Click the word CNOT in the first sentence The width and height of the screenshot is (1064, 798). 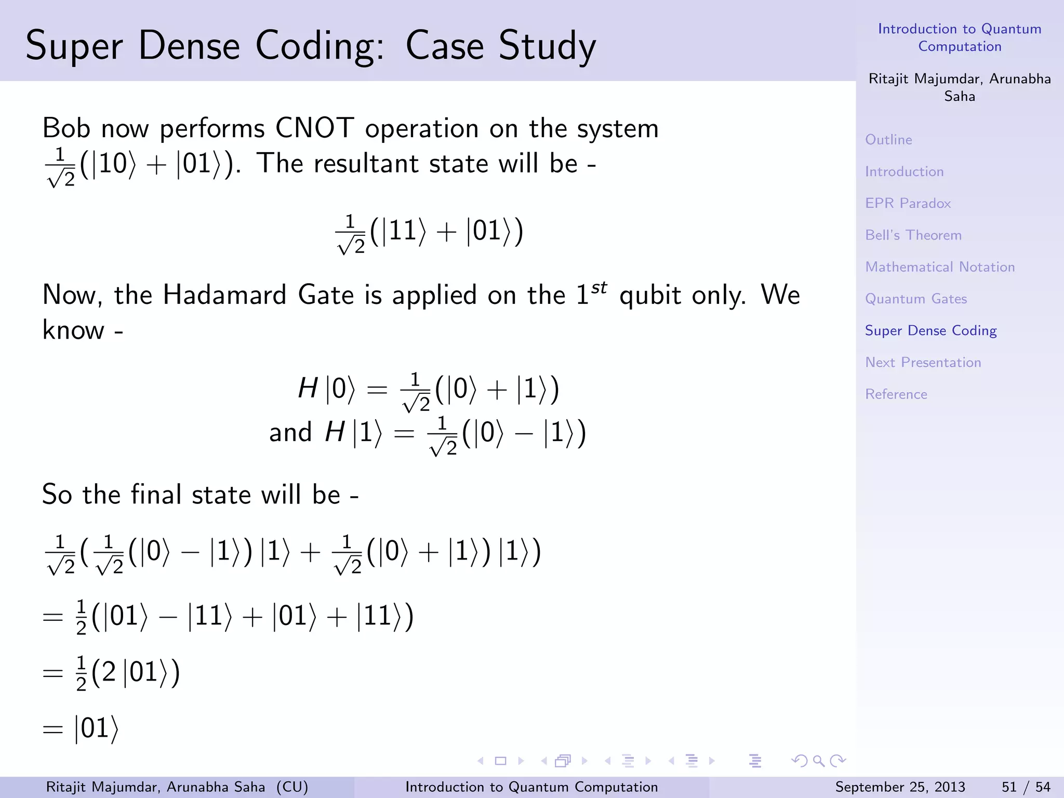pos(314,128)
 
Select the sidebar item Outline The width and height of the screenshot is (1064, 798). pos(888,140)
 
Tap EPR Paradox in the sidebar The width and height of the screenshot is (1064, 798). pos(908,203)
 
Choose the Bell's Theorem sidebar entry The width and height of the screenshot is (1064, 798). pos(913,235)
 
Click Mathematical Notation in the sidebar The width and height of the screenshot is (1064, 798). pos(940,267)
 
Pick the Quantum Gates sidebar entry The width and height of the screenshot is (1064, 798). pos(916,299)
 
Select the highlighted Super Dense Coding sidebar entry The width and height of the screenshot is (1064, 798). pos(930,331)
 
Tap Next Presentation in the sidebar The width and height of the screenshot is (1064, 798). pos(923,363)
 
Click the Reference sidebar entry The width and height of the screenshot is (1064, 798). pos(896,394)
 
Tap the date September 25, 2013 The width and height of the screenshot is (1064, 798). pos(900,787)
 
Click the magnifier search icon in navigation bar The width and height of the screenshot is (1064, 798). pos(819,761)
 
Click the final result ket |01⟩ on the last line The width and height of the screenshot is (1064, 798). pos(97,728)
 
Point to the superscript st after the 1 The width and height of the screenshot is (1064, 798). pos(599,287)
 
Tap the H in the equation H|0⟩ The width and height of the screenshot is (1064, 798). pos(308,388)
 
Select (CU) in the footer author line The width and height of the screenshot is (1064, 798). pos(292,787)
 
